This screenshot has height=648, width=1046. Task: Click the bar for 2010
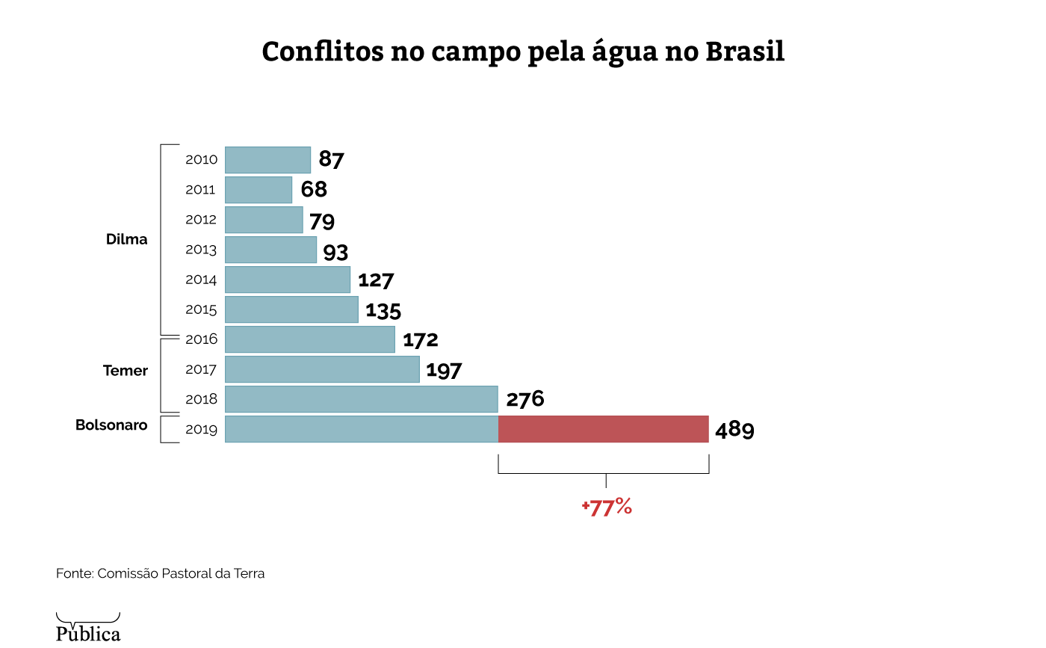[267, 160]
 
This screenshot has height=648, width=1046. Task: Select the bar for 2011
[259, 190]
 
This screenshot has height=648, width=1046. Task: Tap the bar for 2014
[288, 280]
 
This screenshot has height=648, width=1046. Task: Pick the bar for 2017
[322, 369]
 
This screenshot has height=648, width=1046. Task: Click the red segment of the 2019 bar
[603, 429]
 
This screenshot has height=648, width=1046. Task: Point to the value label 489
[734, 431]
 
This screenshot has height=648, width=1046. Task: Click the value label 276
[524, 400]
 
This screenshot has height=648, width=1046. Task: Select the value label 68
[314, 190]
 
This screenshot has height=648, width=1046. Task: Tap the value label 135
[383, 310]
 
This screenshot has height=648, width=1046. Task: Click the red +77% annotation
[607, 507]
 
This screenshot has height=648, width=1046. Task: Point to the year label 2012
[201, 220]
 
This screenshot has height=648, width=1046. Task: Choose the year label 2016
[201, 339]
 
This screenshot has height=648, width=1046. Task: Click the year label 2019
[201, 430]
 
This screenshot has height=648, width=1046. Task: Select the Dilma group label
[127, 240]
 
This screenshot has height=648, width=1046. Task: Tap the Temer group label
[126, 371]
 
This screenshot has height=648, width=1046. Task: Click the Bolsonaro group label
[111, 425]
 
